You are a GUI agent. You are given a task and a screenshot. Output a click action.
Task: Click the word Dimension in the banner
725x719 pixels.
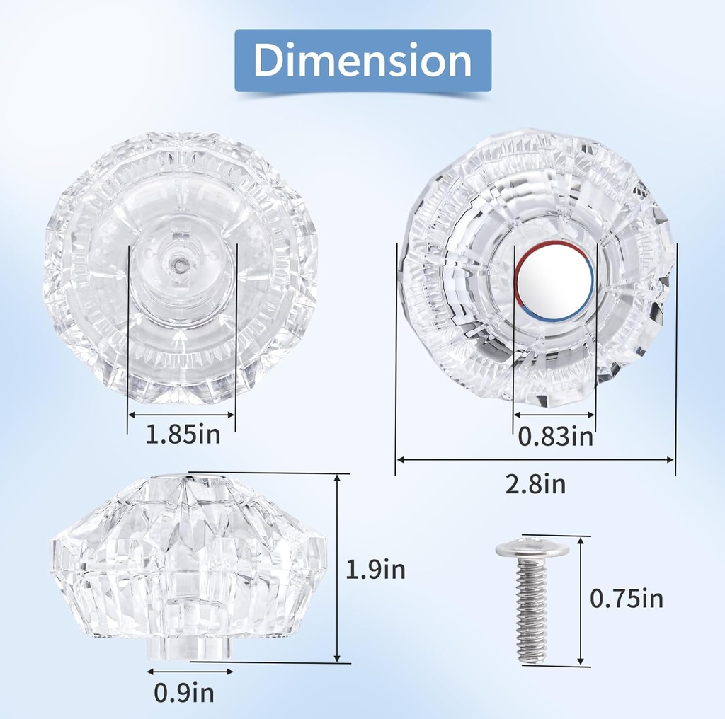coord(362,61)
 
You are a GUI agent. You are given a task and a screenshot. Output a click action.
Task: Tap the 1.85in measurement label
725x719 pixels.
coord(183,434)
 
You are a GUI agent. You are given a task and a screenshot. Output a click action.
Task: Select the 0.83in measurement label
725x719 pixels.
coord(555,436)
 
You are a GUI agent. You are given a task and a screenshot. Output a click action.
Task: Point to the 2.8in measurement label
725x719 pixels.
coord(535,484)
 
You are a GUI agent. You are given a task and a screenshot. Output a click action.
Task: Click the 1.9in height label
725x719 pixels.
coord(375,570)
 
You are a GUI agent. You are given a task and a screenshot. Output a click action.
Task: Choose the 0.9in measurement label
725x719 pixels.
coord(184,692)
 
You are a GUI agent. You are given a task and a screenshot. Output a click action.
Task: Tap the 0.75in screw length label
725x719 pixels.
coord(627,599)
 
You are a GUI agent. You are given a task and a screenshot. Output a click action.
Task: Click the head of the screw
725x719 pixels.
coord(532,548)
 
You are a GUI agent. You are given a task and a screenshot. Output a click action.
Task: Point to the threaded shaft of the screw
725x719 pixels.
coord(532,611)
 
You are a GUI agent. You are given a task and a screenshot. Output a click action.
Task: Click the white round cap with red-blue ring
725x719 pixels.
coord(554,280)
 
